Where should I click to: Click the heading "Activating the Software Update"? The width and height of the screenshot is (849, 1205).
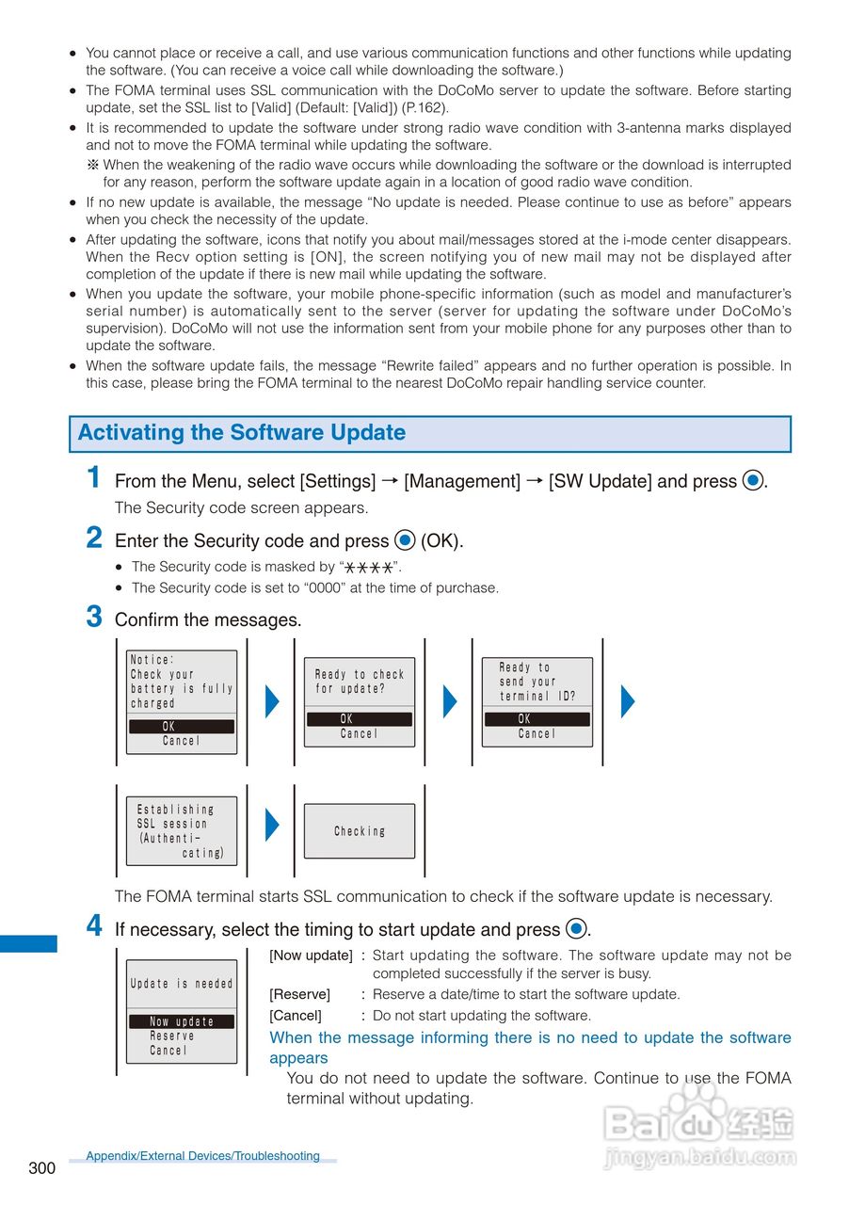point(242,433)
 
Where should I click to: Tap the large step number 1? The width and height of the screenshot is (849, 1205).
point(94,477)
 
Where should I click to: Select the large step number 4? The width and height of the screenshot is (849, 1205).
point(94,925)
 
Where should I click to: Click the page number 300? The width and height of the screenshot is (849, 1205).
point(41,1168)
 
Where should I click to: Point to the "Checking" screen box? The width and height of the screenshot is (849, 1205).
point(360,831)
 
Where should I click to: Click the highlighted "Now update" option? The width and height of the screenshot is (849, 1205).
point(182,1021)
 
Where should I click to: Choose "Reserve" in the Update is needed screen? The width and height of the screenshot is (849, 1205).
point(172,1036)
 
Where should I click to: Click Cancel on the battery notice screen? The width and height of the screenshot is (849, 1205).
point(182,741)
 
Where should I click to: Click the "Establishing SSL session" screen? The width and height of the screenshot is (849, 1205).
point(182,831)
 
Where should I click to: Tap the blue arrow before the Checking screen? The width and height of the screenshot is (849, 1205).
point(272,825)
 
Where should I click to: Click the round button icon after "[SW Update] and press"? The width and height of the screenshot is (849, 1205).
point(752,481)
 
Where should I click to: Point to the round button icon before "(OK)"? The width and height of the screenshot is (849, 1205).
point(405,541)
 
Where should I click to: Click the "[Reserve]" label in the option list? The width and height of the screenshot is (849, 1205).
point(299,994)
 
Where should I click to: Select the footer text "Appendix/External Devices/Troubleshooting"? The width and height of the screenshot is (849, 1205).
point(202,1156)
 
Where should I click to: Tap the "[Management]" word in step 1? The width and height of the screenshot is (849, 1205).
point(461,481)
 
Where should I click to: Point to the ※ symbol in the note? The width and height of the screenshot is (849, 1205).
point(93,165)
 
